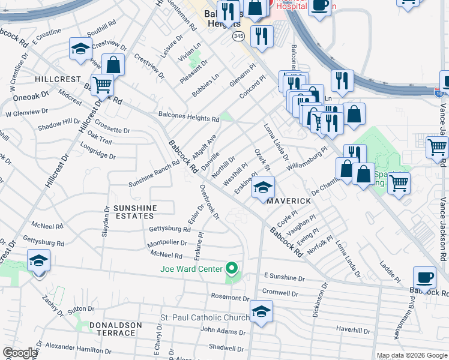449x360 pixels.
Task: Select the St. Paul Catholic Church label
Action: point(203,317)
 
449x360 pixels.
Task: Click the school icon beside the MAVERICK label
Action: point(263,188)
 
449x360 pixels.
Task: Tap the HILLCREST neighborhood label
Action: point(58,79)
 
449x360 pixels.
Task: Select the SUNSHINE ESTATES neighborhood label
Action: point(135,212)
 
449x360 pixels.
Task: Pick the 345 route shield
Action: point(239,37)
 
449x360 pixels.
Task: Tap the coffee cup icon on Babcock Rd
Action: point(425,278)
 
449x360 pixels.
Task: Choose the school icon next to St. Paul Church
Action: point(262,311)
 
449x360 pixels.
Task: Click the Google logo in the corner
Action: point(20,353)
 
